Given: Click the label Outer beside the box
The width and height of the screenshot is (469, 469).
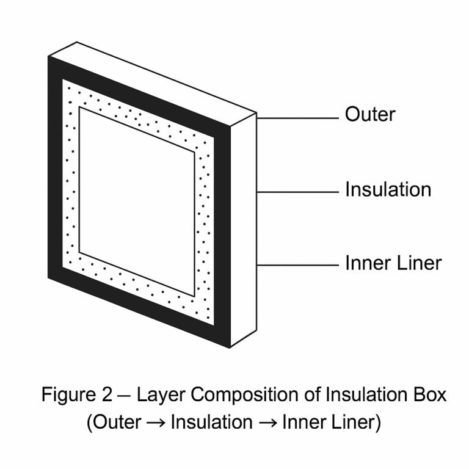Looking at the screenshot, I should (x=370, y=114).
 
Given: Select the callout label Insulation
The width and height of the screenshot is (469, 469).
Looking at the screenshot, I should (x=388, y=189).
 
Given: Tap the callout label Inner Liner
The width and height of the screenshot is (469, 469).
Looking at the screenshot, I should (x=393, y=263).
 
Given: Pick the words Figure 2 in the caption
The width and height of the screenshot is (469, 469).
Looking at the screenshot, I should (x=77, y=394).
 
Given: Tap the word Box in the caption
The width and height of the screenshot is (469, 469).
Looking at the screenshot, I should (x=430, y=394).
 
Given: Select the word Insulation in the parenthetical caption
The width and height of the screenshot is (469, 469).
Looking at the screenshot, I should (x=212, y=422).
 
